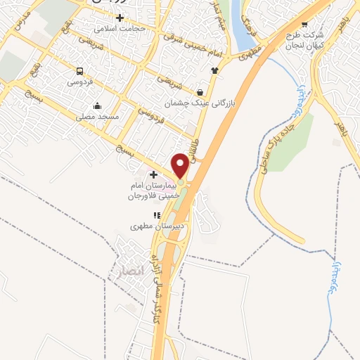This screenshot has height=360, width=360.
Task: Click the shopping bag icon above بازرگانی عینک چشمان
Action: tap(200, 93)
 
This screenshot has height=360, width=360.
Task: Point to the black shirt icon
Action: tap(214, 70)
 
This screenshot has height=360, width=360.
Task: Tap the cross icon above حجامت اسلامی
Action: tap(120, 17)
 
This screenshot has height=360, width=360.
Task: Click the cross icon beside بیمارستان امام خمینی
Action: tap(153, 173)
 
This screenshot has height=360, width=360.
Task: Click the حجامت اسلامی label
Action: tap(120, 29)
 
